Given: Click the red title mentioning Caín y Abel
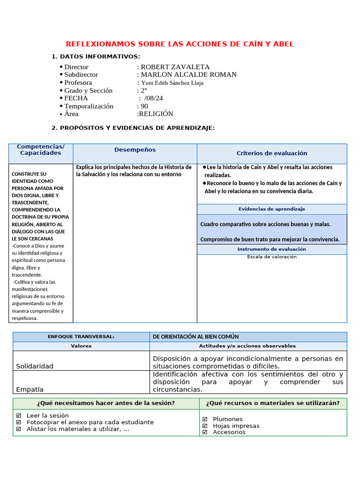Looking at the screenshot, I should [x=180, y=44].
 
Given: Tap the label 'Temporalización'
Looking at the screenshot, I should [x=89, y=106].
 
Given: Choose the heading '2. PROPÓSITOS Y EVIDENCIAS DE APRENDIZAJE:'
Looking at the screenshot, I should [x=133, y=128].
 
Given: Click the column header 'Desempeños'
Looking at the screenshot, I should [x=135, y=150].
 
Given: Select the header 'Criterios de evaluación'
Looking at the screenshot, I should [x=272, y=153].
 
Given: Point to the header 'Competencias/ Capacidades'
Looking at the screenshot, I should [x=41, y=150].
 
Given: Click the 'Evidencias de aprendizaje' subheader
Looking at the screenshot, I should [x=272, y=209].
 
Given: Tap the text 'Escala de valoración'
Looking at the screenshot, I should [x=272, y=257].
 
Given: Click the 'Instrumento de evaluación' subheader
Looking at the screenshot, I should [x=272, y=249].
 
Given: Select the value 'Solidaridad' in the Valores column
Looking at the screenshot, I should [x=35, y=366].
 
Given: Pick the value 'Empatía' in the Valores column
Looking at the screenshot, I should [x=30, y=390].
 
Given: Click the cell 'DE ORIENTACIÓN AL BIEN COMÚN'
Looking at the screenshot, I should [x=196, y=337].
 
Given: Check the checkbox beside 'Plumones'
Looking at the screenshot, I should [x=205, y=419].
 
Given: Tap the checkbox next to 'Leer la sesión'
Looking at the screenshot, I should [x=19, y=415].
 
